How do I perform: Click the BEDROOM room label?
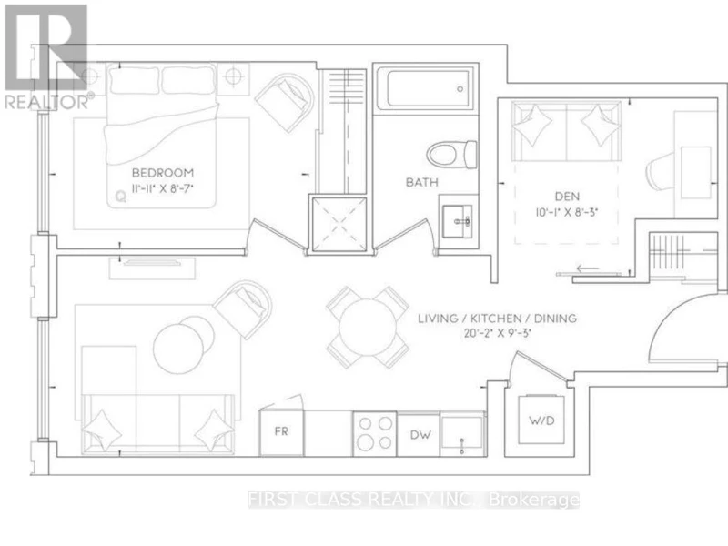point(163,173)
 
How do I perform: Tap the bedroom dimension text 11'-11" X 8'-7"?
point(163,188)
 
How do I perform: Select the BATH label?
point(422,182)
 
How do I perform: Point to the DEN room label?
point(567,197)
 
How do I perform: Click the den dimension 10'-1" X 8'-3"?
point(566,212)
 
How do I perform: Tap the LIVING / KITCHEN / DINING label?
point(497,318)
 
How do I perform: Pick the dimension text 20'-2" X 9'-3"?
point(497,333)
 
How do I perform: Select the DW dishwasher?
point(420,435)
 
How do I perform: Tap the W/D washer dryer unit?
point(541,420)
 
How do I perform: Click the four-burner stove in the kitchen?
point(375,434)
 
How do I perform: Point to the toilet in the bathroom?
point(451,155)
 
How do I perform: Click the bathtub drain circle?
point(460,89)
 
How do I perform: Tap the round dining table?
point(368,327)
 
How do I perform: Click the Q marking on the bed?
point(121,197)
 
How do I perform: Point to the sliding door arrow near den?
point(585,268)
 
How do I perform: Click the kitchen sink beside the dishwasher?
point(462,434)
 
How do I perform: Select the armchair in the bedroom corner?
point(285,101)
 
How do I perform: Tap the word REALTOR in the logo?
point(46,102)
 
